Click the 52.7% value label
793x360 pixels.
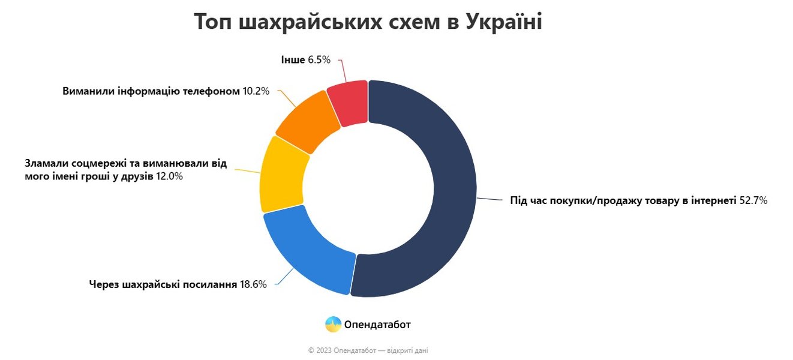pyautogui.click(x=753, y=201)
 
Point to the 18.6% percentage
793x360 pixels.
pyautogui.click(x=253, y=284)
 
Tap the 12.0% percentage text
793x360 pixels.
pyautogui.click(x=169, y=176)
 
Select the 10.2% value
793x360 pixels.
pyautogui.click(x=256, y=91)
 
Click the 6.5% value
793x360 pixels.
pyautogui.click(x=319, y=59)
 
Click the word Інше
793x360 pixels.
pyautogui.click(x=293, y=59)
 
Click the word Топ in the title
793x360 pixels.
pyautogui.click(x=214, y=22)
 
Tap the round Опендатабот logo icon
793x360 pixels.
pyautogui.click(x=333, y=325)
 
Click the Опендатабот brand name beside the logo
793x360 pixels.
pyautogui.click(x=377, y=325)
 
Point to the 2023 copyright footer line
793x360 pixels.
pyautogui.click(x=368, y=350)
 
